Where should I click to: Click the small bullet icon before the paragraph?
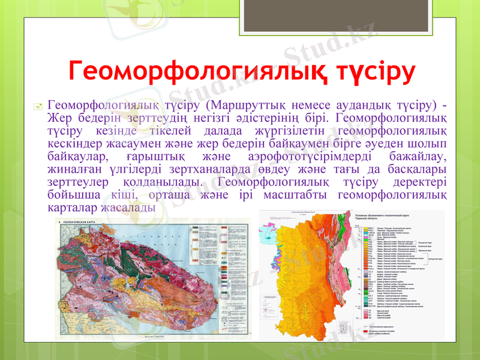[x=37, y=107]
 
